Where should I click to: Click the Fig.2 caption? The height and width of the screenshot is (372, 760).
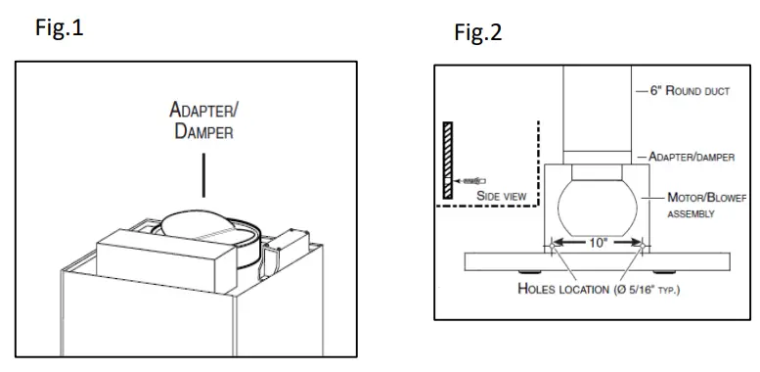[478, 33]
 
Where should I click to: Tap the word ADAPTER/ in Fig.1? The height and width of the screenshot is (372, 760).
[201, 112]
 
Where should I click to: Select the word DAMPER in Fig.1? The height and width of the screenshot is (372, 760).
[203, 132]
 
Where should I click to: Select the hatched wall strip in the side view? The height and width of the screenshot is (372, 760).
[446, 162]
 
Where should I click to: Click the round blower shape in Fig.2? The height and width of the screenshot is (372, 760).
[598, 207]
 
